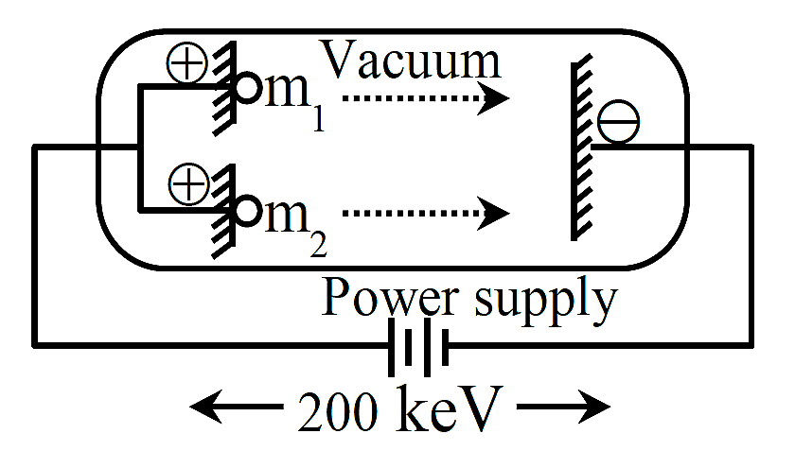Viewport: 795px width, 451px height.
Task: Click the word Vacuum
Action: click(411, 60)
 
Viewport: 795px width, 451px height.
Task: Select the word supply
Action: click(547, 302)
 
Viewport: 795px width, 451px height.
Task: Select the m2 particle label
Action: click(295, 225)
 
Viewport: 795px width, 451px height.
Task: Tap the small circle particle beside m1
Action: click(247, 88)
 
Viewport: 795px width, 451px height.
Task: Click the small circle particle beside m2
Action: click(247, 211)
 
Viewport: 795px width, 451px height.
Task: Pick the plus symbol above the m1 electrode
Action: click(187, 62)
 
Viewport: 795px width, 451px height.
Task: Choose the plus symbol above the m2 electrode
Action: click(188, 184)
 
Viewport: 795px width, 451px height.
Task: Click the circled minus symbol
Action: click(619, 122)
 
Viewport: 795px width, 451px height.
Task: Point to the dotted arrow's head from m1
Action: click(493, 97)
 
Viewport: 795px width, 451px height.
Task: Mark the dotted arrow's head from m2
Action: click(493, 213)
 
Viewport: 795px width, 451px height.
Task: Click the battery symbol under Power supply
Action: click(418, 347)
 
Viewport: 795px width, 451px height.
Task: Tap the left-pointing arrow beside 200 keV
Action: click(236, 407)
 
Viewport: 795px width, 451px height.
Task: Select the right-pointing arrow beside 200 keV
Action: click(564, 407)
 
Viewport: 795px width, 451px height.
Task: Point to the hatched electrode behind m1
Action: click(224, 89)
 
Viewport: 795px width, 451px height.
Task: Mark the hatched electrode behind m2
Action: click(223, 211)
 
